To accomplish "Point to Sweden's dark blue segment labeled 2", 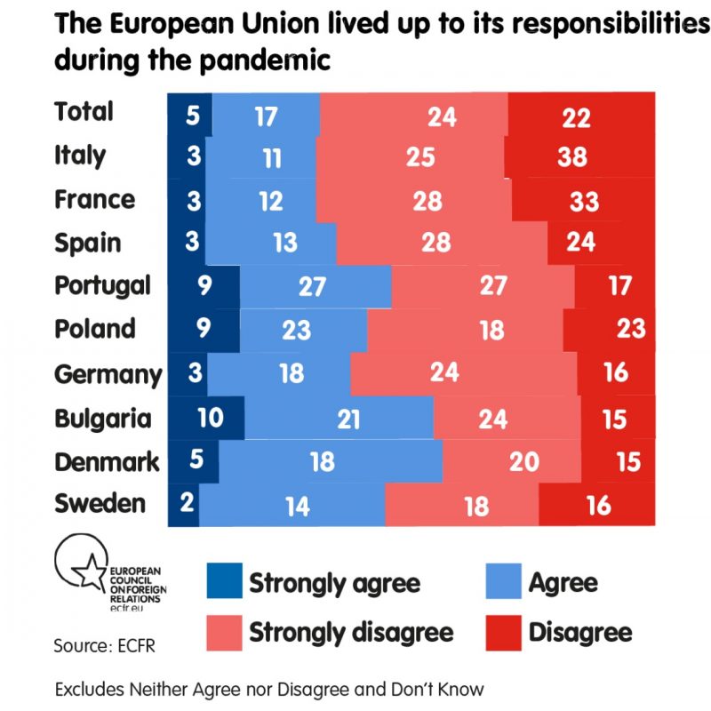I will [185, 504].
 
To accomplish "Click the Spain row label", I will [88, 243].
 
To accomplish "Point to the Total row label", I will [84, 111].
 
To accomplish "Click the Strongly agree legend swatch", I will [222, 582].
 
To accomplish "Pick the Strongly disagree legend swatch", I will [222, 632].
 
